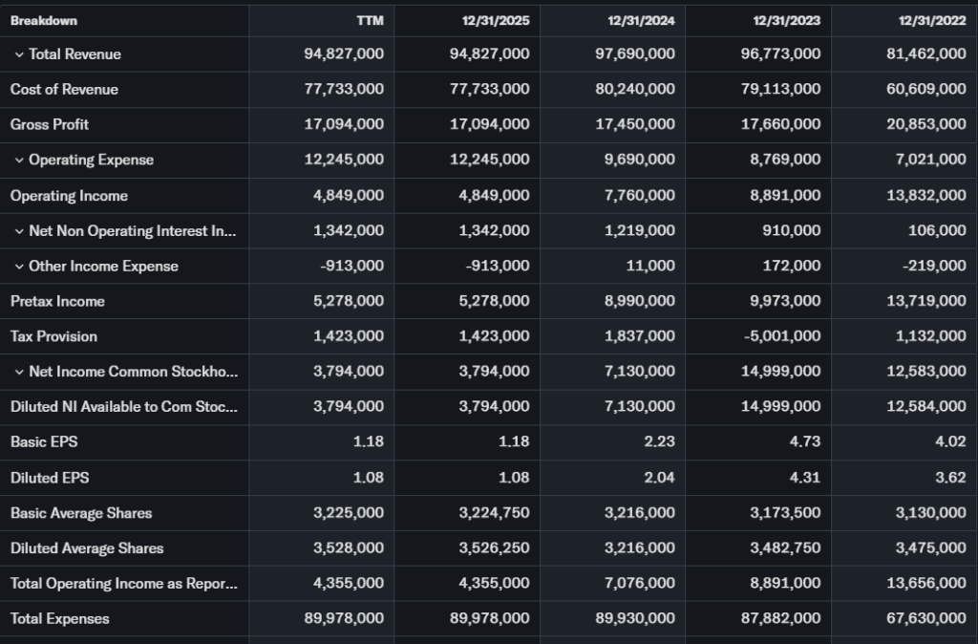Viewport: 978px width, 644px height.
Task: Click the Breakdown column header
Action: (44, 20)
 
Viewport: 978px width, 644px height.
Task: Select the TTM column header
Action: (370, 20)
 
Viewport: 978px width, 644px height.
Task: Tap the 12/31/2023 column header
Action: (786, 20)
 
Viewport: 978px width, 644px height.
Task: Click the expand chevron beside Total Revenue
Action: (18, 54)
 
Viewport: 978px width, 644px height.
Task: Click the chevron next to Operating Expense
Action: (18, 161)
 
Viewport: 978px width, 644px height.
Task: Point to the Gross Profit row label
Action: (50, 124)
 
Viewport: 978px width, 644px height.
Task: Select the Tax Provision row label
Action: (53, 336)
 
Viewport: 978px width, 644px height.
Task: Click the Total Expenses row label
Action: (59, 618)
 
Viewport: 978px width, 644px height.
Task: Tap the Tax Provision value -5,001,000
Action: (778, 336)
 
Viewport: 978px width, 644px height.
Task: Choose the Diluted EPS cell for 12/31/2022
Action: (950, 478)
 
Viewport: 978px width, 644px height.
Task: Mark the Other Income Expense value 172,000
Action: (792, 266)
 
